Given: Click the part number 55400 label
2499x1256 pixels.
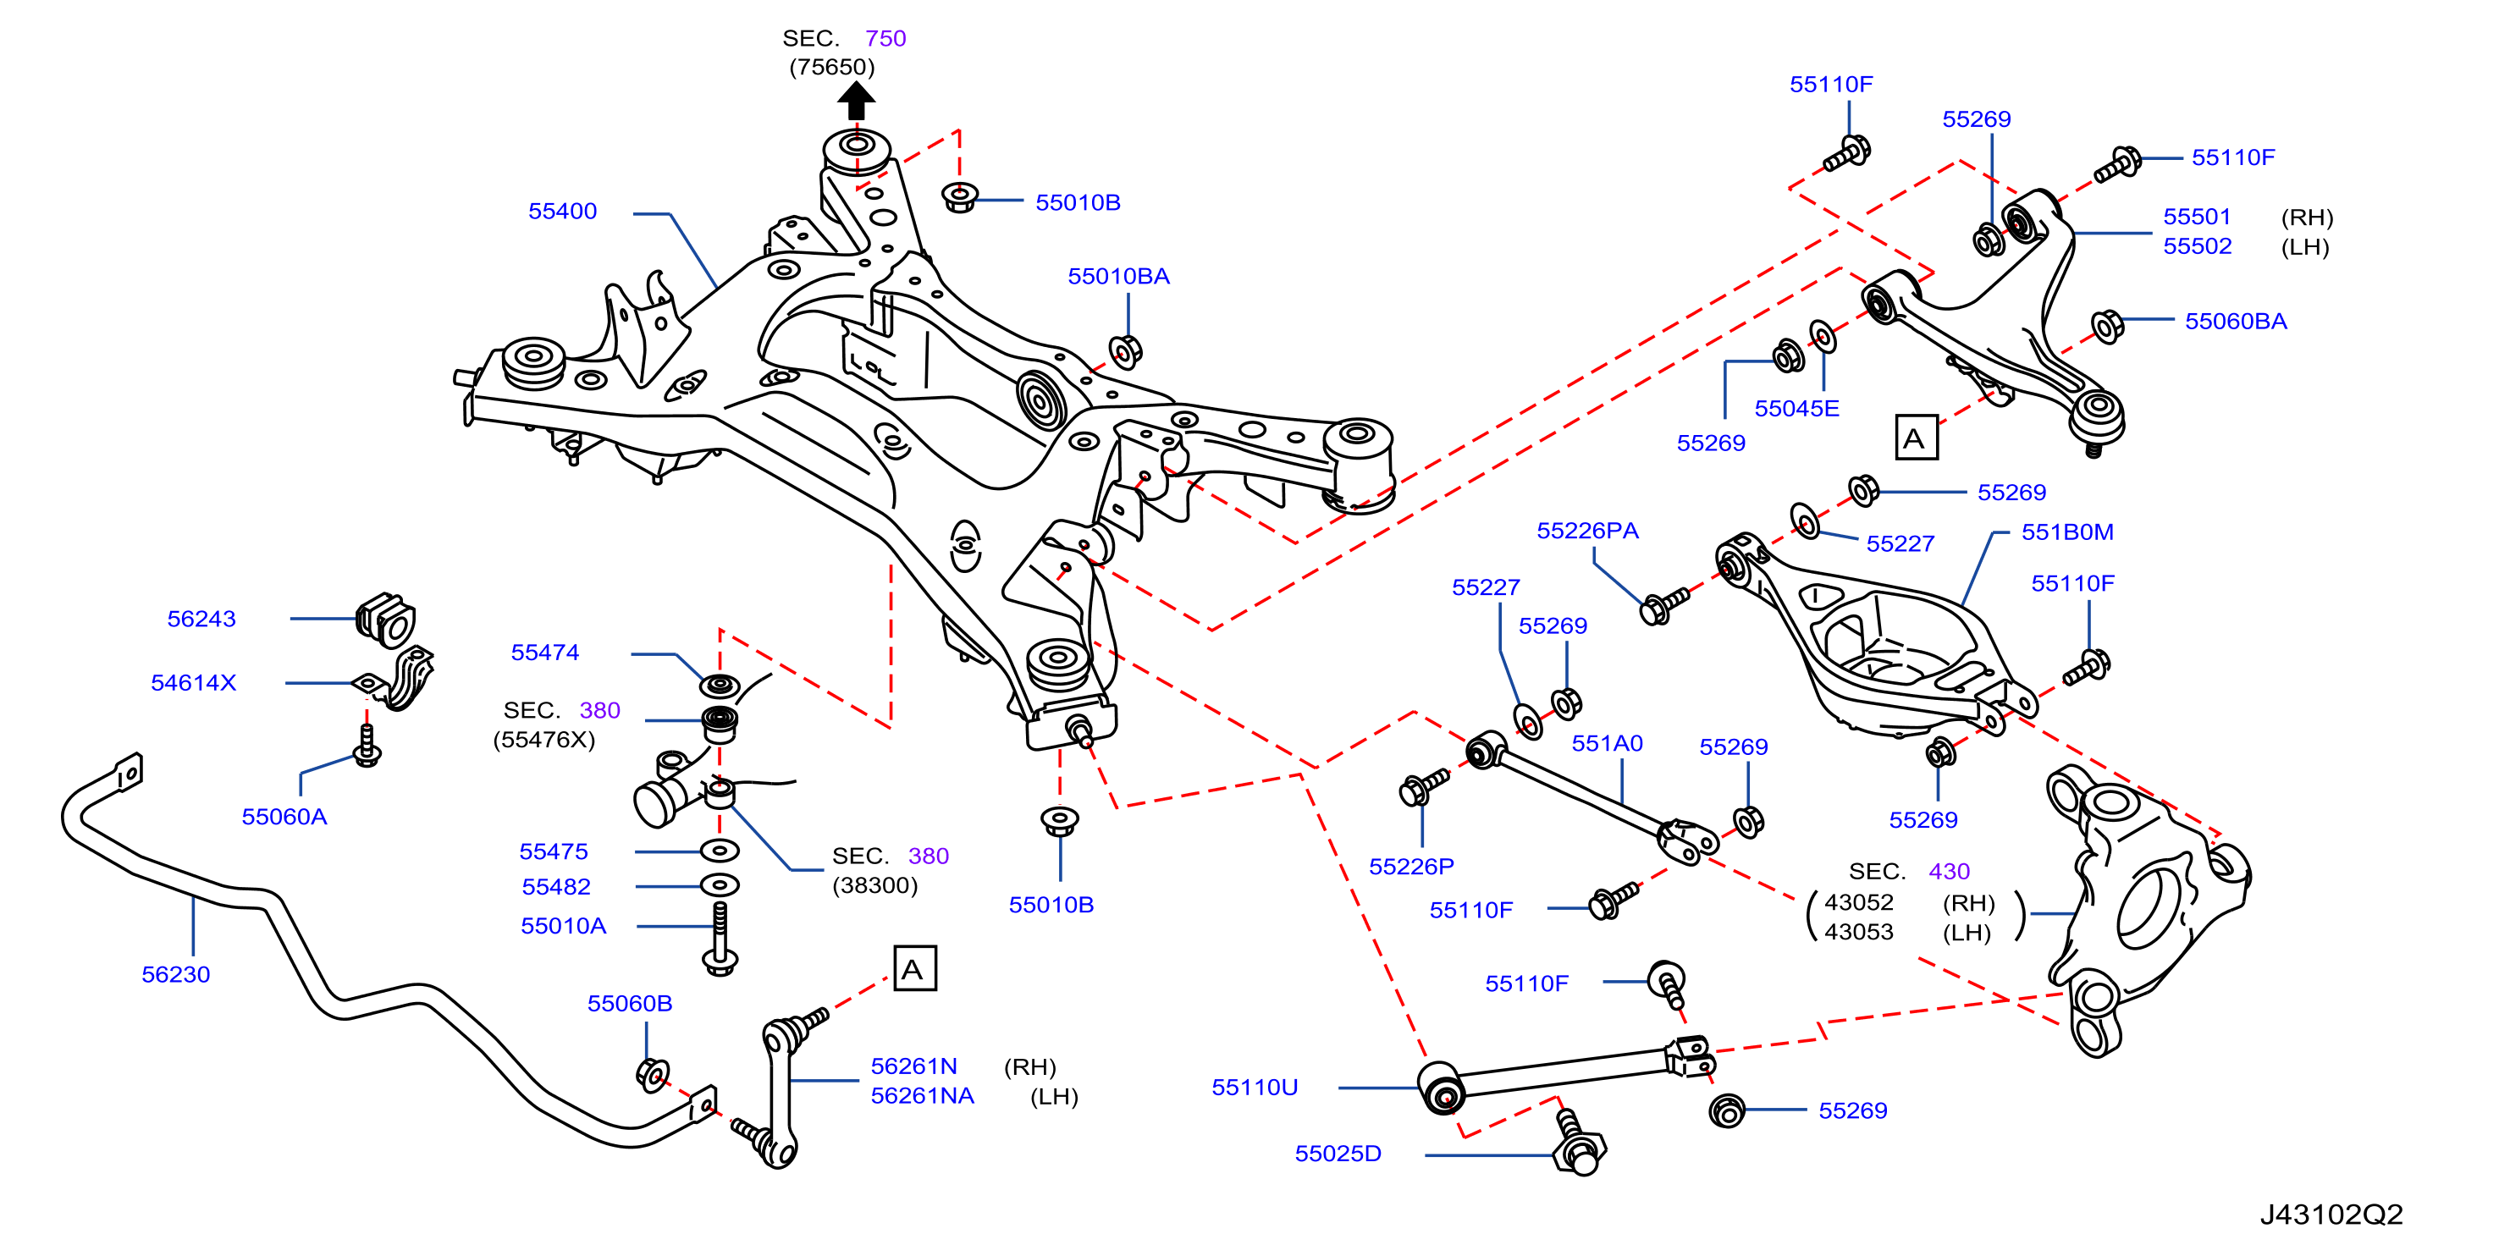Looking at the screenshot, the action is tap(562, 211).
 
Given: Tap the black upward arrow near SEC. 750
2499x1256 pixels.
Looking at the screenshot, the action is tap(856, 100).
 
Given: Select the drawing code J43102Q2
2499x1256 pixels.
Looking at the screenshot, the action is tap(2331, 1214).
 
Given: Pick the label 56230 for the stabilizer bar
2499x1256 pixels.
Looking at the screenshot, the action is tap(175, 974).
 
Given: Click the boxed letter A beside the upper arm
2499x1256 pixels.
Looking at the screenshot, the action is tap(1916, 438).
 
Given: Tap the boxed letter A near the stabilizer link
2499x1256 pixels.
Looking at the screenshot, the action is tap(913, 968).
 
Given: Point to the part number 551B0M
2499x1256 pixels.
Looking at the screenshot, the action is tap(2067, 532).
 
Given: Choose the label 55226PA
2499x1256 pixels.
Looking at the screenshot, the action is tap(1587, 530).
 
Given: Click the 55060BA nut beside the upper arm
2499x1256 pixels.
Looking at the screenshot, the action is tap(2107, 326).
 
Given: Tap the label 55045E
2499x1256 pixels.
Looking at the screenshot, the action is tap(1796, 407).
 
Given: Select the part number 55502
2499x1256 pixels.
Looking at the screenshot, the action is tap(2198, 245).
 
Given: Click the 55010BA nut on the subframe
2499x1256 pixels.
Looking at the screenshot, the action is tap(1124, 351).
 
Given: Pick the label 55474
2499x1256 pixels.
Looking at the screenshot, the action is tap(544, 652).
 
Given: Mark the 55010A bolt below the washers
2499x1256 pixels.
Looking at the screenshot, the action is tap(720, 939).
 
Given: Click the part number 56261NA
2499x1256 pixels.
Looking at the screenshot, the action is tap(922, 1095).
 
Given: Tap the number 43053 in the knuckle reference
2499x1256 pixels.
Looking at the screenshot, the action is tap(1859, 931).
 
